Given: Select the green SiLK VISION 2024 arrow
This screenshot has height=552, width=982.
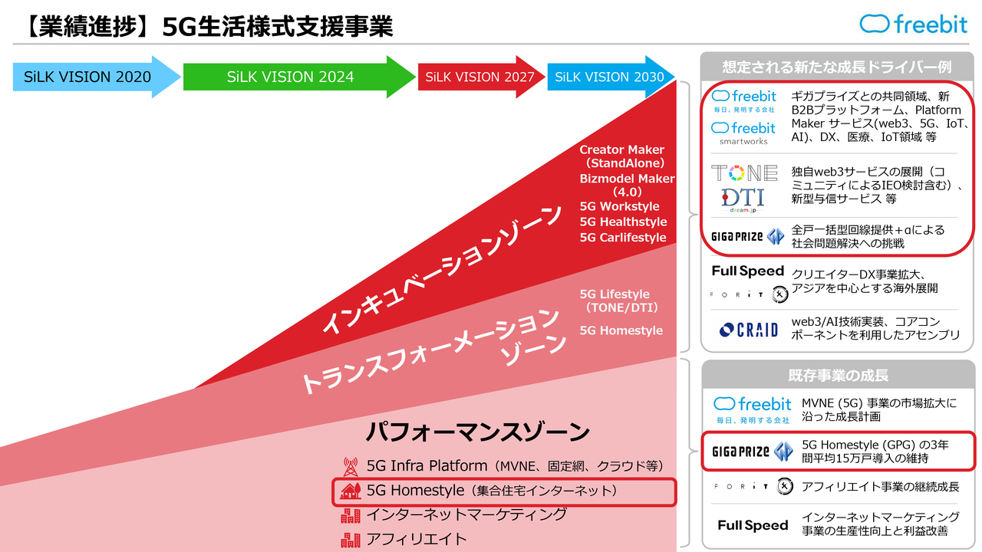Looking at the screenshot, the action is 299,77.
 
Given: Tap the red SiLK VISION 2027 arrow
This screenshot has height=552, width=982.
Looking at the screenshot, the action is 481,77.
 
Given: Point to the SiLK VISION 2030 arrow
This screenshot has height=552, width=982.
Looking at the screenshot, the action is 610,77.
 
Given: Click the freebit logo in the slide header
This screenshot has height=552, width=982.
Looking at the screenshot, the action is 913,24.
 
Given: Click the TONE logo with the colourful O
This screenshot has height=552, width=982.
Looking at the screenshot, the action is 744,173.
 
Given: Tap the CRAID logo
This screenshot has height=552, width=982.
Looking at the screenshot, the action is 749,330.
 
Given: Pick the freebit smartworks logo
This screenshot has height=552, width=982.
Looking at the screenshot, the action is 743,133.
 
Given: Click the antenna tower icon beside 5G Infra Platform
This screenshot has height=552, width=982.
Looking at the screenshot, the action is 351,467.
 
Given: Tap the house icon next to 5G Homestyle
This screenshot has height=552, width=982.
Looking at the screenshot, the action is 351,491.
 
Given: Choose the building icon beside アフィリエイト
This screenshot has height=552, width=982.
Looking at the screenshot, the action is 351,540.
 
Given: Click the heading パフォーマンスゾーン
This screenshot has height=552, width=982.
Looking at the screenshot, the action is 478,432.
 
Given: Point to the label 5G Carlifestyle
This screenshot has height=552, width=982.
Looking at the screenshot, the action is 623,238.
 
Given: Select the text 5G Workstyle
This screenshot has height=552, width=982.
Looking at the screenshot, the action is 619,206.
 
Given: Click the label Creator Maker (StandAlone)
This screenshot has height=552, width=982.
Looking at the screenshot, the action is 621,156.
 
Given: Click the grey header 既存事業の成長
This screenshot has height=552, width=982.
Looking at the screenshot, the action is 839,376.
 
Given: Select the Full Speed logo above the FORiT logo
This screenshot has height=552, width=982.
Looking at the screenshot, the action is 748,271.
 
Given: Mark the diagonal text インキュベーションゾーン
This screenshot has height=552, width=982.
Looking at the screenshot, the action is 442,268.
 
